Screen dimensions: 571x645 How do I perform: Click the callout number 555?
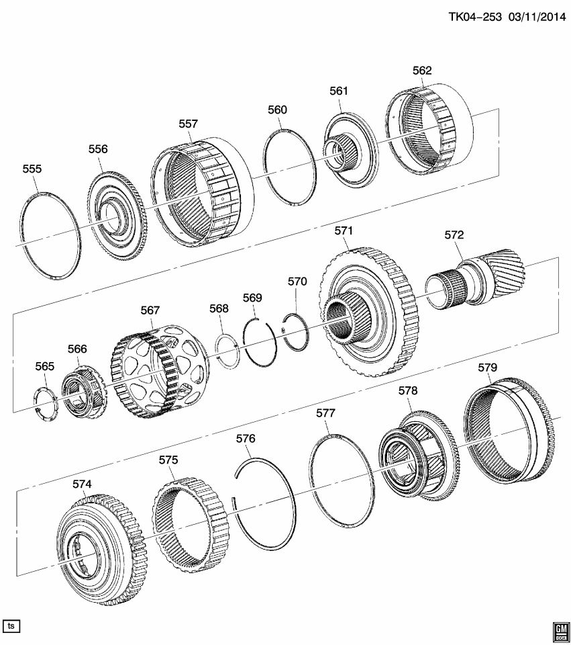(x=32, y=169)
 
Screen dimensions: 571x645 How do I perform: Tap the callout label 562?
(x=422, y=71)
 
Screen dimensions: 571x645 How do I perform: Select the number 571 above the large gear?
(x=344, y=231)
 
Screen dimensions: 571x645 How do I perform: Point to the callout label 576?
(x=246, y=439)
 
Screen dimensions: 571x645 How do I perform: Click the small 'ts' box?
(x=11, y=626)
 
